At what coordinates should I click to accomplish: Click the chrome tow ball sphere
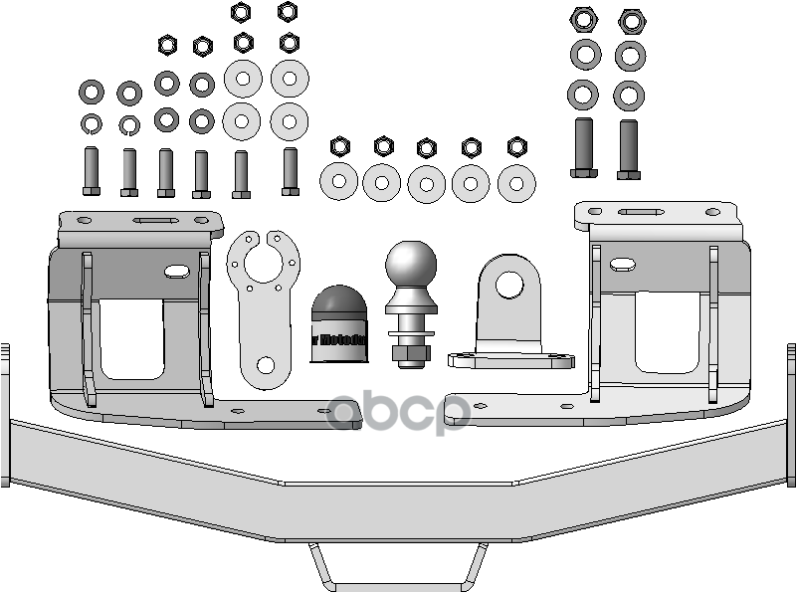pos(411,265)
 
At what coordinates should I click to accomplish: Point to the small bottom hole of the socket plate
pos(266,365)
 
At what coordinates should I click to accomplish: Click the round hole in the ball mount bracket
pos(509,284)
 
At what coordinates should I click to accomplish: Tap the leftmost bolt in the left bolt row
pos(91,171)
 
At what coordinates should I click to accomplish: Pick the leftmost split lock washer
pos(91,123)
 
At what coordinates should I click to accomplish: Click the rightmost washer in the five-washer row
pos(516,183)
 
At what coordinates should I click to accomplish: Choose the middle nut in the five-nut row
pos(427,147)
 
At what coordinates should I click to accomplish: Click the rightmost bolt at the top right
pos(628,149)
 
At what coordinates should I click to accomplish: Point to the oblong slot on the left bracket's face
pos(175,271)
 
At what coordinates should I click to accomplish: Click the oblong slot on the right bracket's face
pos(625,264)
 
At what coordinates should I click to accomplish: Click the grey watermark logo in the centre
pos(398,413)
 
